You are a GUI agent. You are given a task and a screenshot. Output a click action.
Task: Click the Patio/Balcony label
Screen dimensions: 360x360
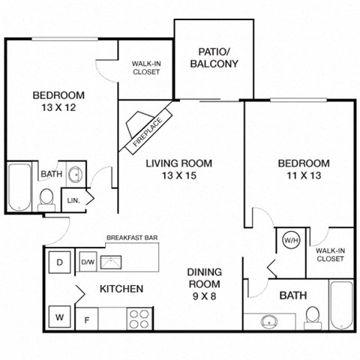point(217,58)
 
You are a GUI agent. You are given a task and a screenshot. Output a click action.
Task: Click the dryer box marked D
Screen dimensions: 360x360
point(61,262)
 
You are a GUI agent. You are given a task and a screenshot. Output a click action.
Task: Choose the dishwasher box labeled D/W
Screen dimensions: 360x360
point(87,262)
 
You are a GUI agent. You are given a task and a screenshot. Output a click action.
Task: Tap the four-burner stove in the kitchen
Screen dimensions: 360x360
point(139,318)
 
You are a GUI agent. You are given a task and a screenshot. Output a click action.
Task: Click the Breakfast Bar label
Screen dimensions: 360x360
point(130,238)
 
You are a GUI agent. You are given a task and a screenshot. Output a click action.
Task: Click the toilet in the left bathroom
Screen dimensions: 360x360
point(47,199)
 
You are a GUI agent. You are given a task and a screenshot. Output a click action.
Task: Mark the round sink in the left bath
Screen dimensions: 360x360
point(75,176)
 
